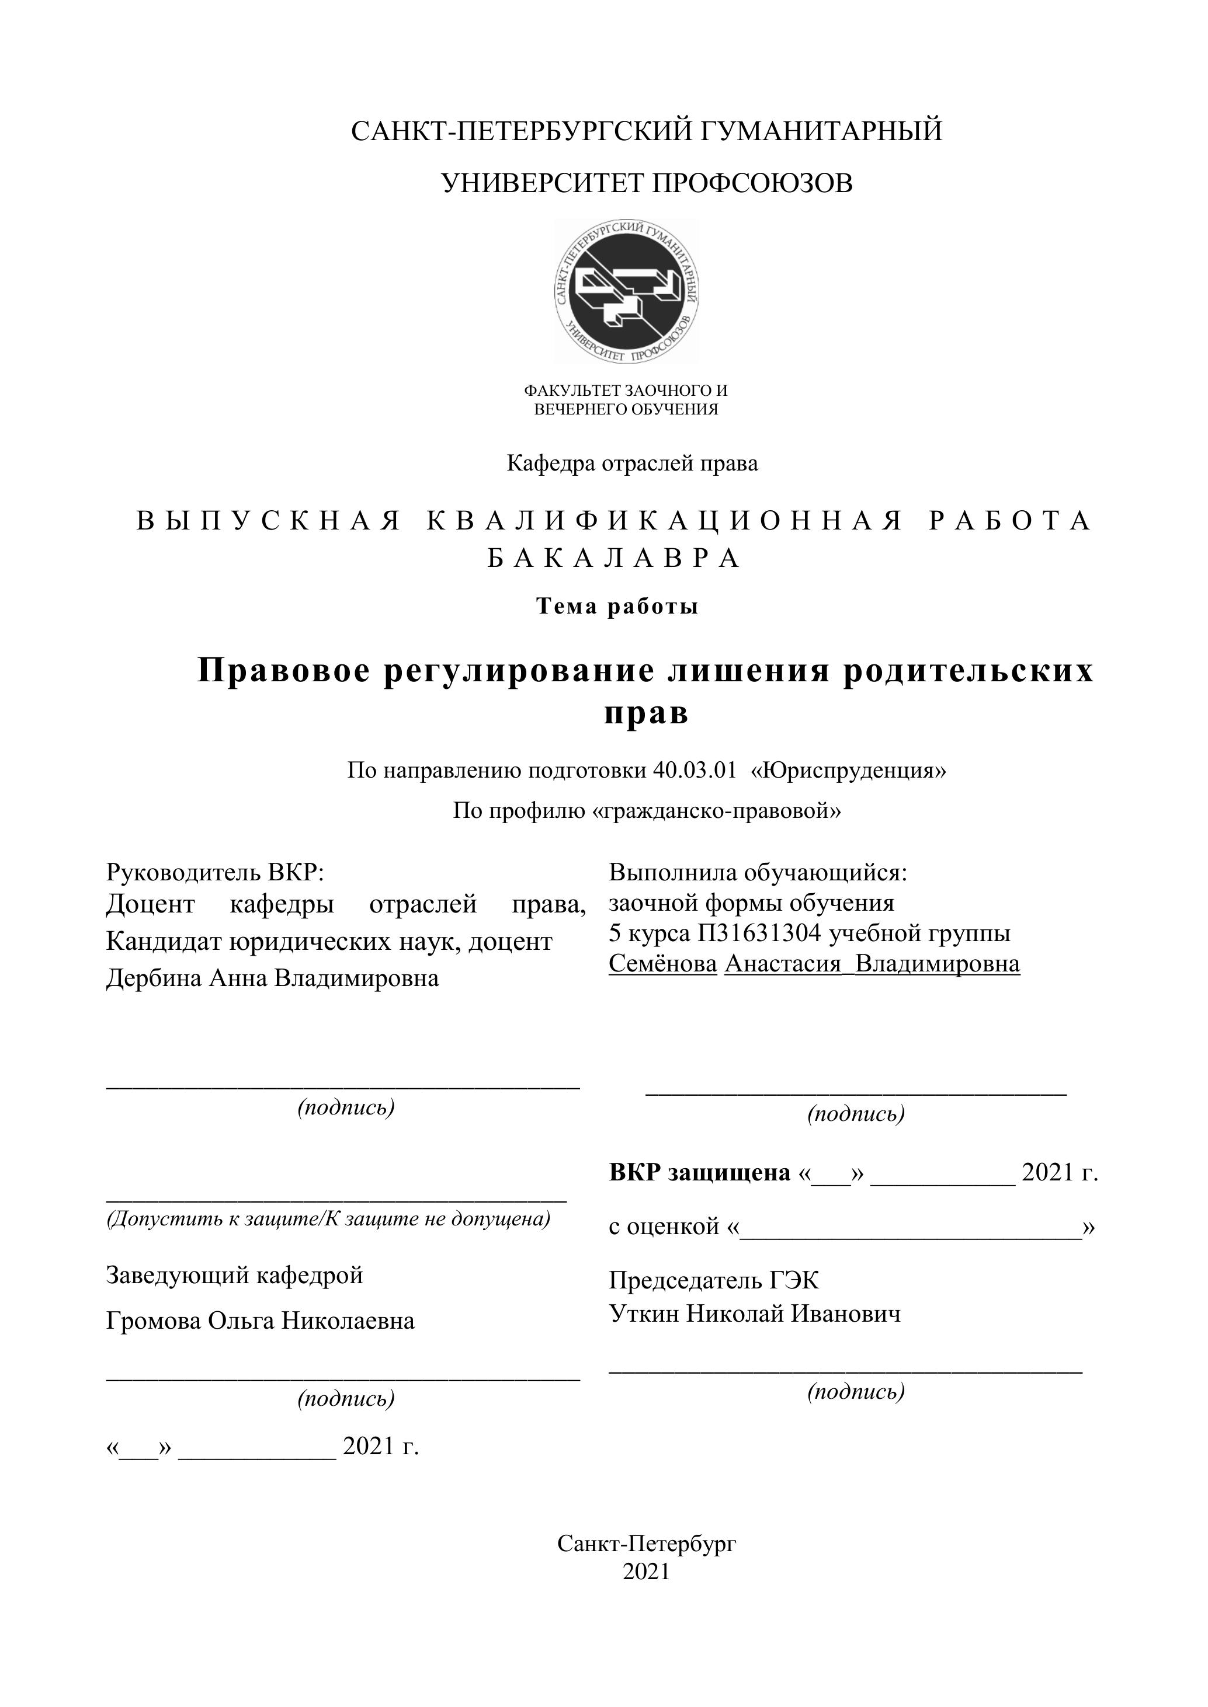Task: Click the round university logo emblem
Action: click(x=626, y=291)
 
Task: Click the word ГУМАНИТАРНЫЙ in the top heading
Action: click(x=821, y=131)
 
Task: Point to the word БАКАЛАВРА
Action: click(x=615, y=558)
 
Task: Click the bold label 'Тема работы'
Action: click(x=617, y=607)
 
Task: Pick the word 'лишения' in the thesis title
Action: click(x=749, y=671)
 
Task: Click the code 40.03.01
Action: click(x=694, y=770)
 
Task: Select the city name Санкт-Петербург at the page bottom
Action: click(x=647, y=1544)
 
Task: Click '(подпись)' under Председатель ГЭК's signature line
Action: click(x=855, y=1391)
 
